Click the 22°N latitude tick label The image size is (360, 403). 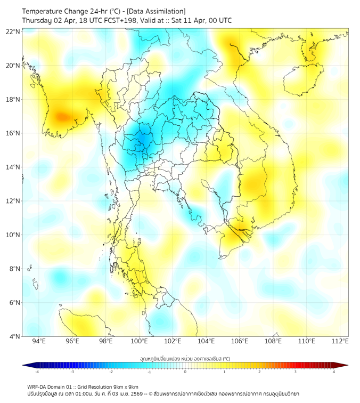(x=13, y=31)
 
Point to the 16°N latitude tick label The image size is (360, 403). (x=13, y=133)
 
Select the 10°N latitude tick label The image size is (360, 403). (x=13, y=235)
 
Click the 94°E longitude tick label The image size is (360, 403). (x=39, y=341)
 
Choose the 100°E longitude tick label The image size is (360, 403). (x=139, y=341)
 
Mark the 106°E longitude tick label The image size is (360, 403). (x=240, y=341)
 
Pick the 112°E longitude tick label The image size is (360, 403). (x=340, y=341)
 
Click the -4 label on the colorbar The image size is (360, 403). (x=37, y=372)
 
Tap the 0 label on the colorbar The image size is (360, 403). (x=185, y=372)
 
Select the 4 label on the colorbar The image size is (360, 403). (x=334, y=372)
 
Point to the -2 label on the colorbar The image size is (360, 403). (x=111, y=372)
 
